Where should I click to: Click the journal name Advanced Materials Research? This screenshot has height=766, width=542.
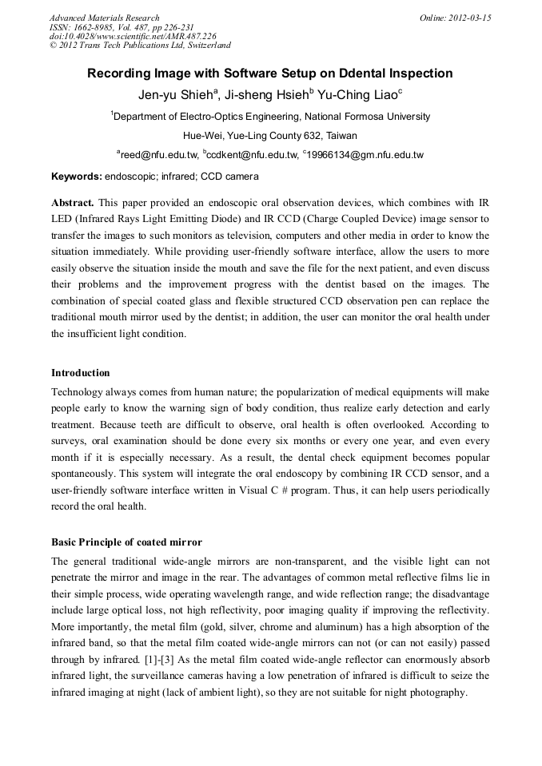(104, 18)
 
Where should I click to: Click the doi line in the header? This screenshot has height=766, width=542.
(133, 36)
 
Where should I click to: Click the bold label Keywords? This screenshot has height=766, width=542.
(76, 176)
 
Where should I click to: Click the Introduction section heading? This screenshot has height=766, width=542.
(81, 373)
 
